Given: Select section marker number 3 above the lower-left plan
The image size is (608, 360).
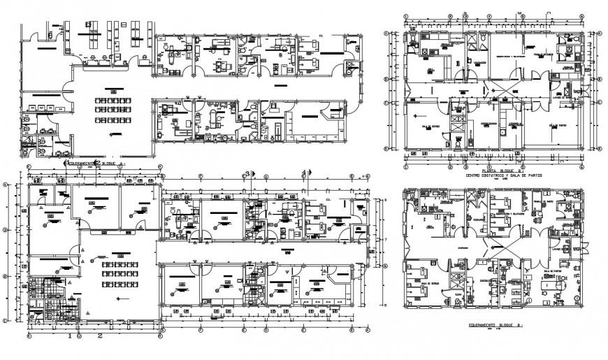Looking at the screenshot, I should [246, 173].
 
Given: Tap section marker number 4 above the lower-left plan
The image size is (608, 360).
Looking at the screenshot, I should [303, 173].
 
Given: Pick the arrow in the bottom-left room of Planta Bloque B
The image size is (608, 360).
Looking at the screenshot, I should [417, 116].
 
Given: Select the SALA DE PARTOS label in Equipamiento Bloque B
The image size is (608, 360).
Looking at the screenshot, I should [553, 273].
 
